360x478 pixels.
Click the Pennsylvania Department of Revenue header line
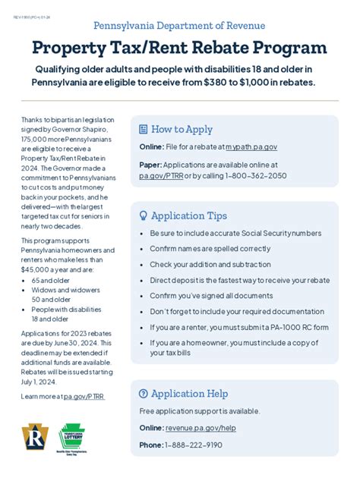[x=179, y=26]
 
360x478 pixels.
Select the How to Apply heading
[x=182, y=129]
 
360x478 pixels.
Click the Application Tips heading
[x=189, y=215]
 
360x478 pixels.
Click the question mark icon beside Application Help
[x=144, y=393]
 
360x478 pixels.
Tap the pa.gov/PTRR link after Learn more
[x=85, y=396]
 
